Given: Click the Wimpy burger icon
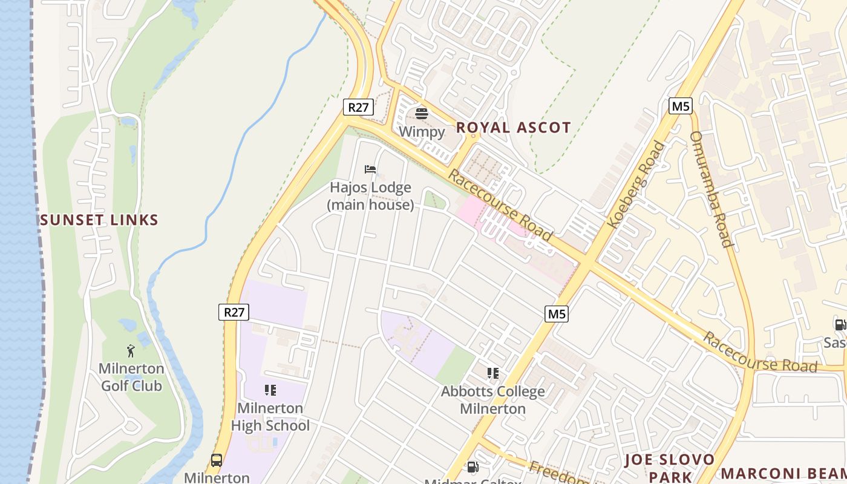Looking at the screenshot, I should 422,113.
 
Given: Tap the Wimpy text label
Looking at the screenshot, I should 422,131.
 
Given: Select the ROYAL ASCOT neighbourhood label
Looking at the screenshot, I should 513,128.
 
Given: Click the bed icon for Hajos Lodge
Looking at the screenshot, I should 370,169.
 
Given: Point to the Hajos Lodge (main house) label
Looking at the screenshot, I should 370,196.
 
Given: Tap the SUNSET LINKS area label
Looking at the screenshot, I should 99,220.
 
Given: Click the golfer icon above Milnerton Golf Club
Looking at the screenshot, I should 131,351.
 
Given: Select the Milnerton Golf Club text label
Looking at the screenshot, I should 131,377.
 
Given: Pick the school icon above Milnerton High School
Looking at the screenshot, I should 270,390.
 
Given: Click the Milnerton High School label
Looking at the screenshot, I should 270,417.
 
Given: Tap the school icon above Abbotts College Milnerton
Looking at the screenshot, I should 493,373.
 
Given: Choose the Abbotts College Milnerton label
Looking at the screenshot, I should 492,400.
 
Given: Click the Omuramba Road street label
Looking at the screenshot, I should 711,189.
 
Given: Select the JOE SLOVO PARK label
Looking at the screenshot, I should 670,468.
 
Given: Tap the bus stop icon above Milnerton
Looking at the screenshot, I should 217,460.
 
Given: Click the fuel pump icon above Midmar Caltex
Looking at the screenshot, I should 473,467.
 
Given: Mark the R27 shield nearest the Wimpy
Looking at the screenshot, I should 358,107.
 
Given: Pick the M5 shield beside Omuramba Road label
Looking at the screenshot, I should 681,106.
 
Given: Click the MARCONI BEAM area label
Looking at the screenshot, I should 783,473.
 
